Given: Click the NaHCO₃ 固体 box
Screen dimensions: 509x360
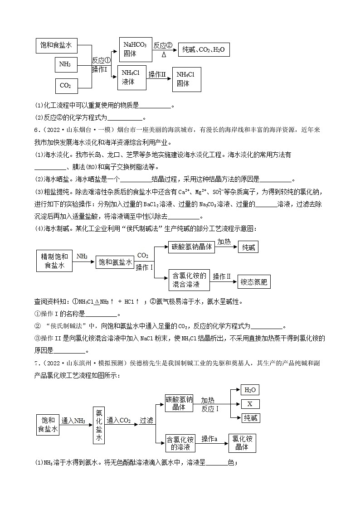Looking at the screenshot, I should coord(135,49).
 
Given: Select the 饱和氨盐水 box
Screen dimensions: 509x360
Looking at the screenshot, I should coord(115,262).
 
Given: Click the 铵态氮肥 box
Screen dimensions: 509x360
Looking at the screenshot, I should coord(254,282).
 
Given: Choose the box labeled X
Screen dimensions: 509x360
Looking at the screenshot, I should coord(251,404).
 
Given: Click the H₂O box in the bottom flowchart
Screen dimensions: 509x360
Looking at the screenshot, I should coord(250,390).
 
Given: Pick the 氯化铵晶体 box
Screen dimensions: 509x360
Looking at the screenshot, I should coord(242,442).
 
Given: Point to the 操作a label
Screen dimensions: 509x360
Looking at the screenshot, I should coord(210,439).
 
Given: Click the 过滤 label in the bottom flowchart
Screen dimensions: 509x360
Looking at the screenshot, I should coord(146,421).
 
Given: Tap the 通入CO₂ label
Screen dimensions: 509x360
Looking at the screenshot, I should coord(119,421).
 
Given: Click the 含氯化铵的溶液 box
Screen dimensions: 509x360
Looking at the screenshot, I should coord(180,443).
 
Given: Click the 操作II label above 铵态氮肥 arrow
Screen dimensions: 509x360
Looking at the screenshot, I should coord(222,276).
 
